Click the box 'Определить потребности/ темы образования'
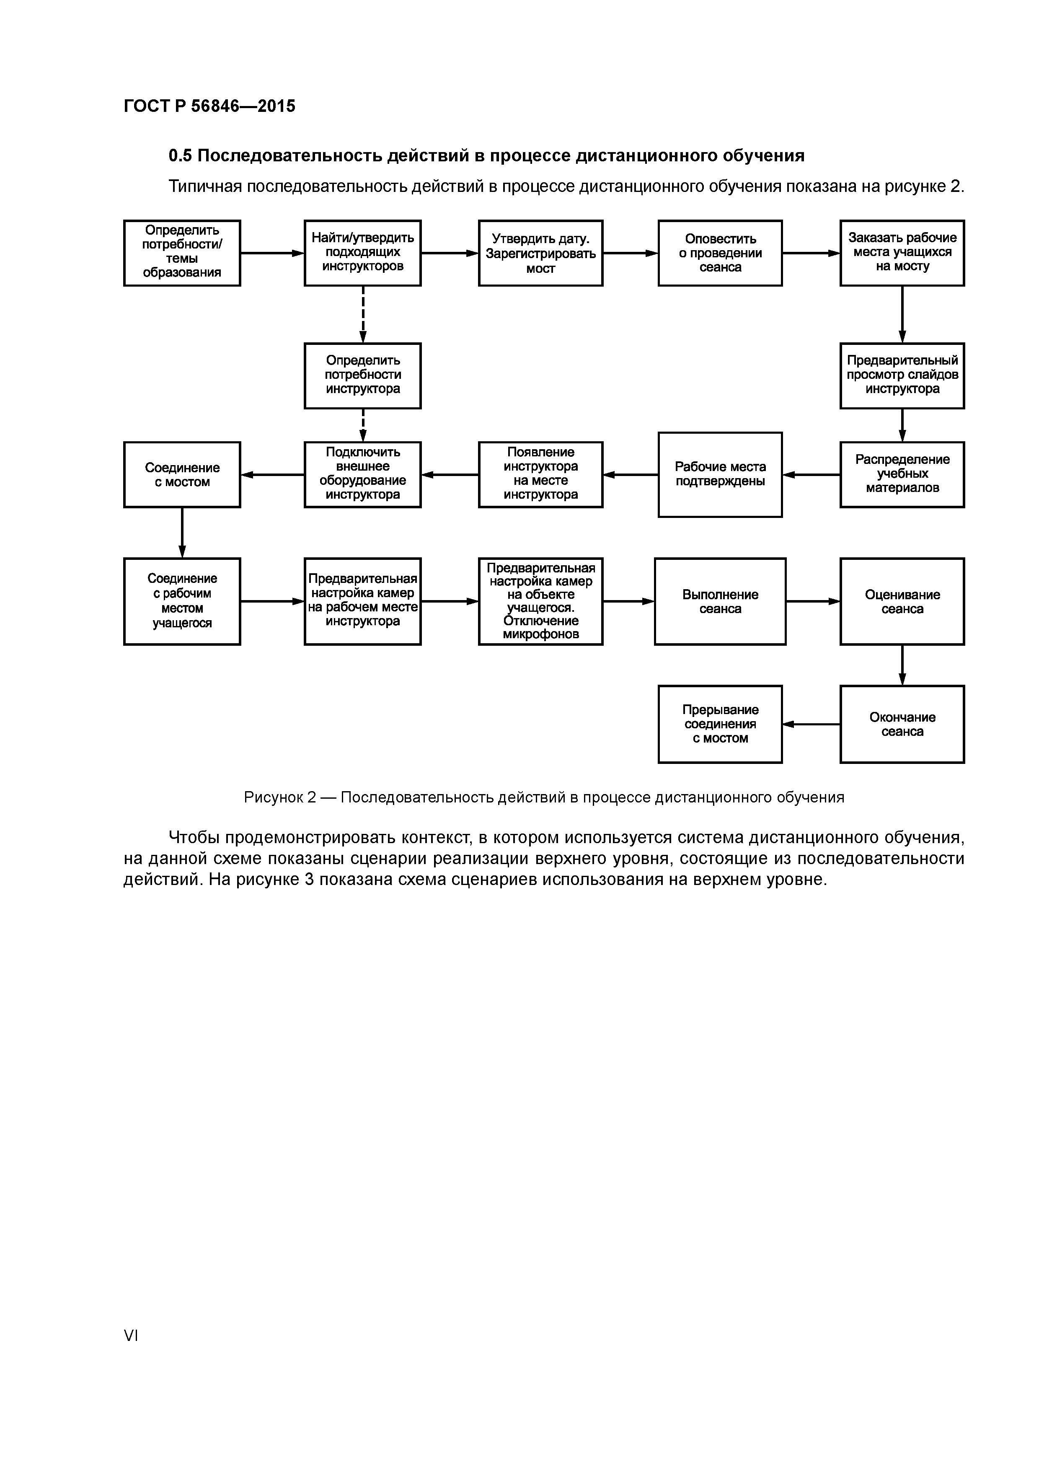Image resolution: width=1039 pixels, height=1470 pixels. (182, 253)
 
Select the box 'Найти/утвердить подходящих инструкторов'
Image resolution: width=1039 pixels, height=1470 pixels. (362, 253)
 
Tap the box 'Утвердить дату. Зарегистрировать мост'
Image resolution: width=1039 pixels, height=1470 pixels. (540, 253)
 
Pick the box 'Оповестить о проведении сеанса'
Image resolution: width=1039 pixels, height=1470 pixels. (720, 253)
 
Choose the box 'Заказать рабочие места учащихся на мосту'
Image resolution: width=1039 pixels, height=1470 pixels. (902, 253)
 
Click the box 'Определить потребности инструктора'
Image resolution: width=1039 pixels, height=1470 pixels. (362, 376)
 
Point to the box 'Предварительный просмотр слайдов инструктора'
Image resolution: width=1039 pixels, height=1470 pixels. (902, 376)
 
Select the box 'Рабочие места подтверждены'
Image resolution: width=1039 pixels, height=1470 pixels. (720, 474)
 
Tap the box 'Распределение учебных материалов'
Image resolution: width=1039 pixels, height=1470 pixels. (902, 474)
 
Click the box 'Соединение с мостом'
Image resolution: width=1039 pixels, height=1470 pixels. (182, 474)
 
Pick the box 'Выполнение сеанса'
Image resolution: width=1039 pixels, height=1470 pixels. (720, 601)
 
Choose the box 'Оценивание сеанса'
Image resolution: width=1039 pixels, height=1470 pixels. (902, 601)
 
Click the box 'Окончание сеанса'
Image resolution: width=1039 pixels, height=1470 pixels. (902, 724)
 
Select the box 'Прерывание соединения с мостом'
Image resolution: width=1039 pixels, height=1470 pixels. (720, 724)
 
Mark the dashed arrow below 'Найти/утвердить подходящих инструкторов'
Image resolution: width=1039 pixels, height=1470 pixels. (363, 314)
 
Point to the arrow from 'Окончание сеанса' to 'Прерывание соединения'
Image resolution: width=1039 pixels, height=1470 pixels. (811, 724)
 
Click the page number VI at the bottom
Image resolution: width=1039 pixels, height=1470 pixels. (131, 1335)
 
